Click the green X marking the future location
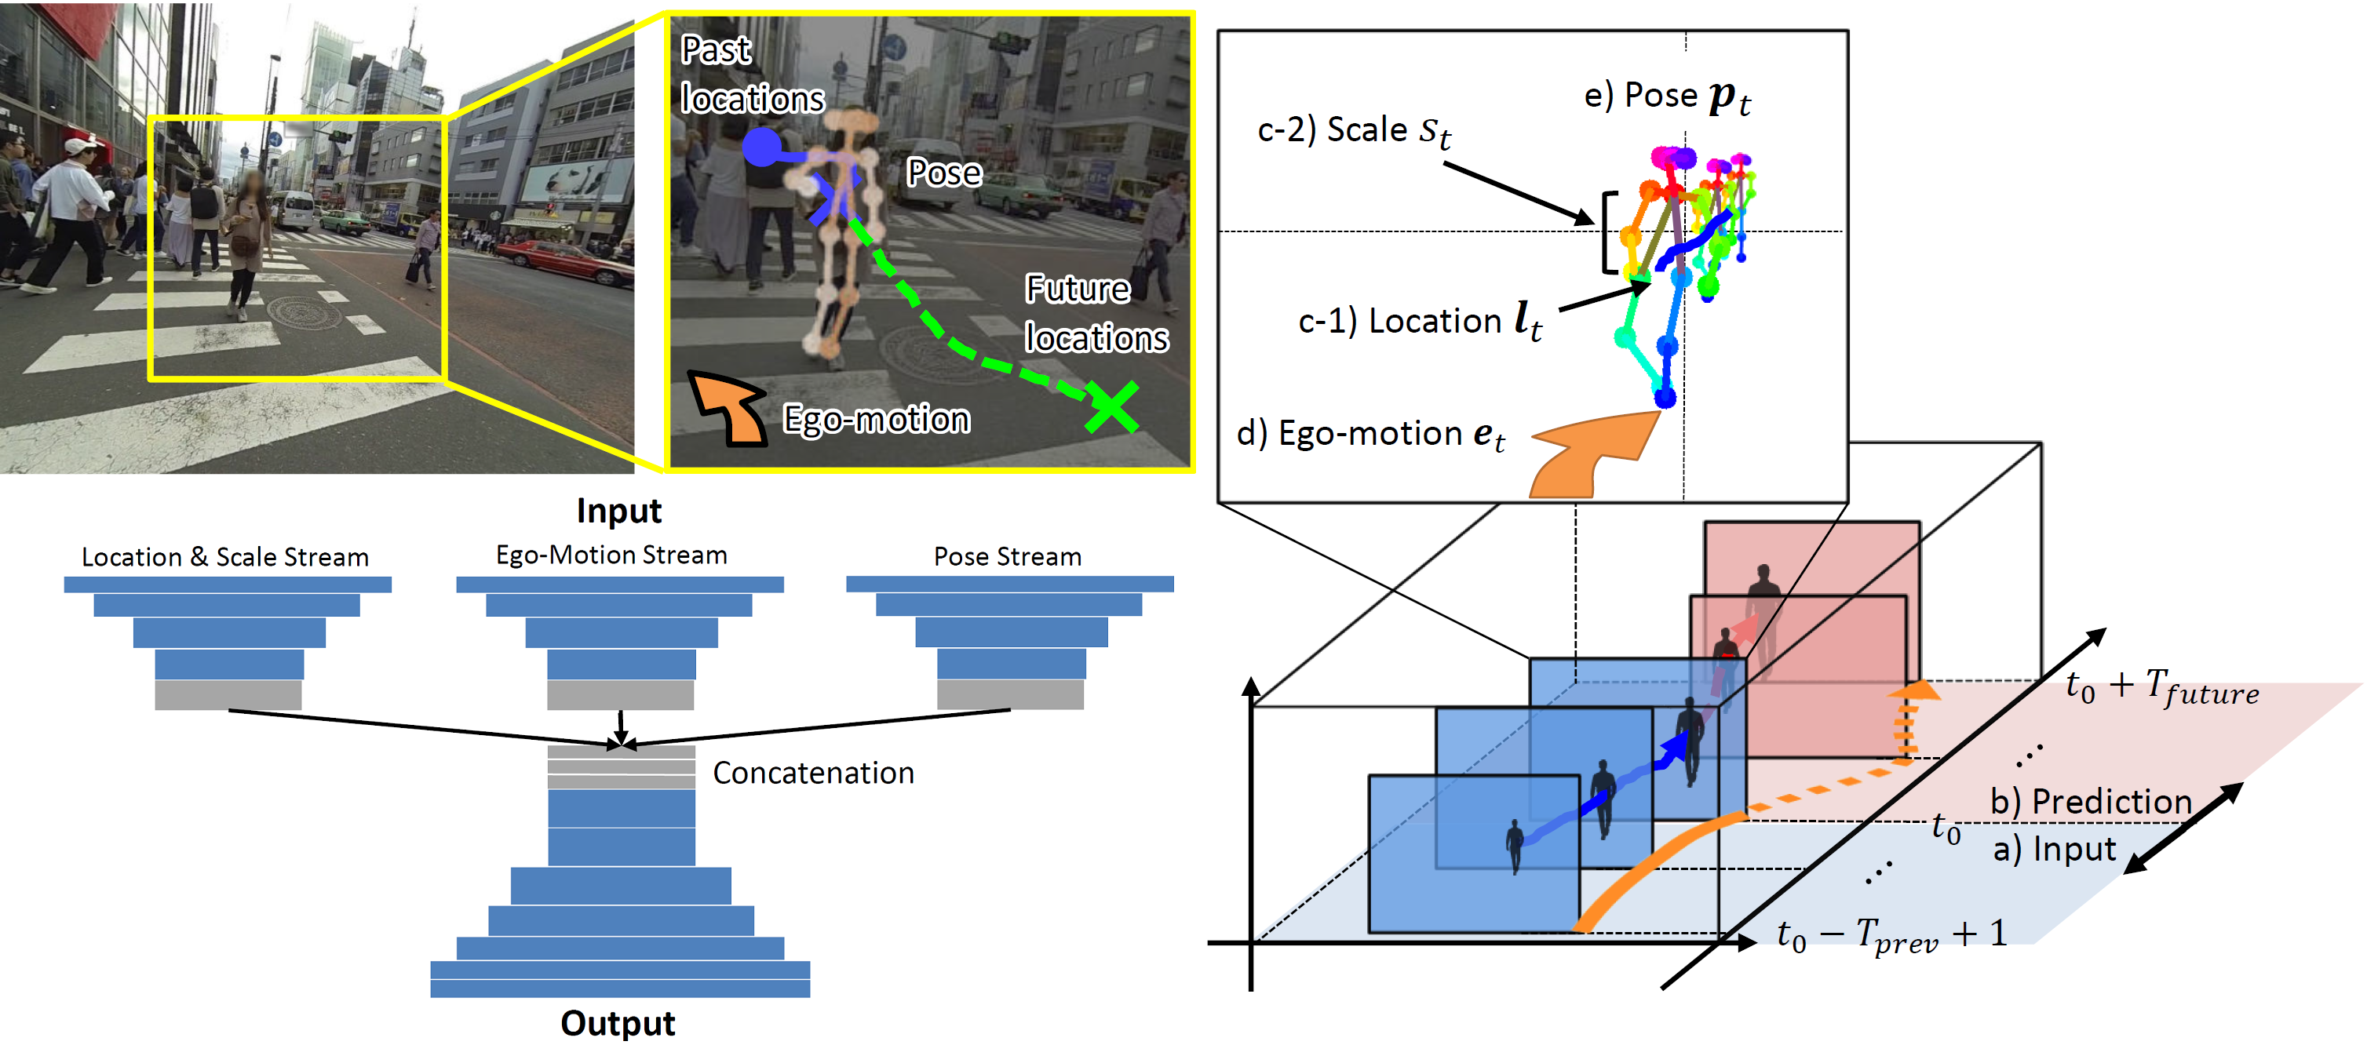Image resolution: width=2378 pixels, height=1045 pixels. click(1111, 407)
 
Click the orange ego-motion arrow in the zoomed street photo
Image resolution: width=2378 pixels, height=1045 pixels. click(729, 408)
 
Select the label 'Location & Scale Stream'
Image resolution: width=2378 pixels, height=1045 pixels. click(225, 557)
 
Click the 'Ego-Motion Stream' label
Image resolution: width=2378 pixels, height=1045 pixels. click(611, 555)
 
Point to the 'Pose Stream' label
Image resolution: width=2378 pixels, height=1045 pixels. click(1007, 557)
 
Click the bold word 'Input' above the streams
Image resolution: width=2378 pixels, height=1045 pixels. click(618, 511)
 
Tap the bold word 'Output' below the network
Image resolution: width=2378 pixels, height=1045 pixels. click(618, 1023)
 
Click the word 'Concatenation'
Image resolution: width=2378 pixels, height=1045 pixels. click(813, 773)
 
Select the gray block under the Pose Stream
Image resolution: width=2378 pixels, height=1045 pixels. click(1010, 694)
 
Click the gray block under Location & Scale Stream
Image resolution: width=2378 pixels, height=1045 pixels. click(228, 694)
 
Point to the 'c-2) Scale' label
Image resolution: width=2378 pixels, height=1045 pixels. click(1353, 130)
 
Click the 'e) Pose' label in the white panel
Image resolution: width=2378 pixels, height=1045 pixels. click(1666, 96)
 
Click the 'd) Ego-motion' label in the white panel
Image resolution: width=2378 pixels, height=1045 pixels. click(1371, 433)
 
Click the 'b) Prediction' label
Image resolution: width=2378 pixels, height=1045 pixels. click(2090, 800)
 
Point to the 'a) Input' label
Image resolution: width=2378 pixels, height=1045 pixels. click(2054, 848)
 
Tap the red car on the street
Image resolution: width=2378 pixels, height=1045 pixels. click(565, 260)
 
